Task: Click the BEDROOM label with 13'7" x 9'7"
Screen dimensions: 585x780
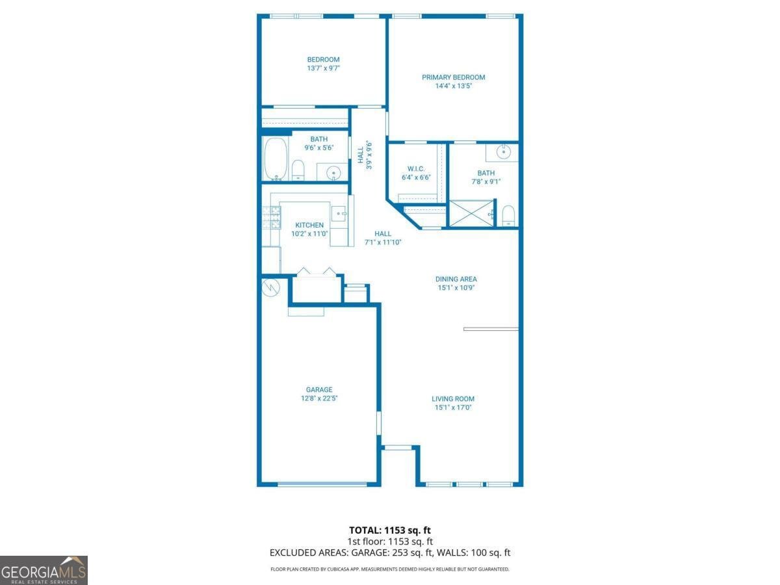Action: click(x=323, y=60)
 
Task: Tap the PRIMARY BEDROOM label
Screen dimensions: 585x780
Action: click(x=453, y=77)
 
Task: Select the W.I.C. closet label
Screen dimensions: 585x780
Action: click(x=416, y=169)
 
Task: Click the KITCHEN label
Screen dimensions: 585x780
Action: click(x=309, y=225)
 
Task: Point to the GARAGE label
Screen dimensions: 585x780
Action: click(x=318, y=390)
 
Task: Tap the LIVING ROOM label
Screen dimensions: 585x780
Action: click(x=453, y=399)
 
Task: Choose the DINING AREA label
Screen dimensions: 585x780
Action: click(x=456, y=279)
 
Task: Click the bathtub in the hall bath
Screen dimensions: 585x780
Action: click(x=275, y=160)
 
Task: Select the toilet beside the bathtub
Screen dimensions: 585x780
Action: click(x=298, y=170)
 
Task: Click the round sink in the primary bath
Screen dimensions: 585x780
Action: click(x=503, y=152)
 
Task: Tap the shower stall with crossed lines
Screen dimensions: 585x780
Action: click(x=471, y=214)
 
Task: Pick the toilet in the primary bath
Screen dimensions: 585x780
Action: click(x=508, y=214)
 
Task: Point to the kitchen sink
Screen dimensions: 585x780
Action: click(x=338, y=213)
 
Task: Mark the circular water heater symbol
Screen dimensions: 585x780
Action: click(x=270, y=287)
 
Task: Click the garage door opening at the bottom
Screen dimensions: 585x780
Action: click(x=322, y=484)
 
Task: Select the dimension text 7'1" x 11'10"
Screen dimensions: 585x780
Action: click(x=383, y=242)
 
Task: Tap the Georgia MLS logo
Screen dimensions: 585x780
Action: click(x=44, y=570)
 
